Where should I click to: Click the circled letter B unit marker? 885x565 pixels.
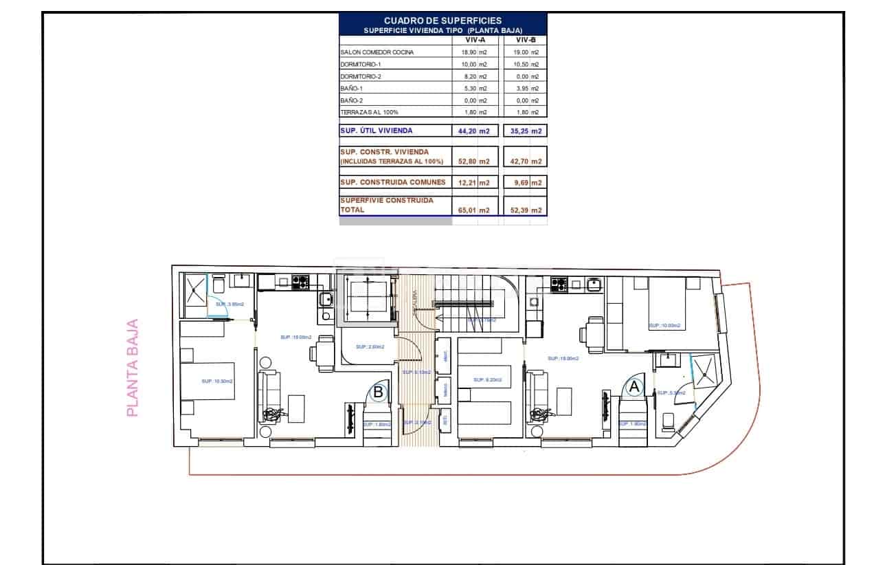[x=378, y=392]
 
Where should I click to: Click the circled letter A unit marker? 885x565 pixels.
[x=634, y=387]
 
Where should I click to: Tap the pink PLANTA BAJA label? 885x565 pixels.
[x=133, y=367]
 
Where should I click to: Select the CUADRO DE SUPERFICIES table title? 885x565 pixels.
[x=442, y=21]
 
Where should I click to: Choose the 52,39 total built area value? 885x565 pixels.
[x=517, y=210]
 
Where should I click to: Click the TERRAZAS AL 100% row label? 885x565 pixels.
[x=369, y=111]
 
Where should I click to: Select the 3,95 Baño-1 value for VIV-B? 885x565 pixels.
[x=517, y=88]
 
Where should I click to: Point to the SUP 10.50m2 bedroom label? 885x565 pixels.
[x=217, y=381]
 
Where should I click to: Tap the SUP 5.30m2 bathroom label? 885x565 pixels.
[x=671, y=392]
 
